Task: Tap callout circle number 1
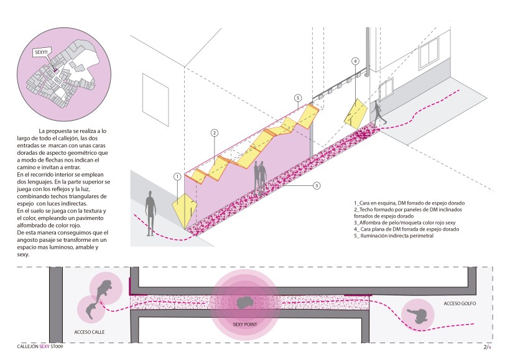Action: [177, 177]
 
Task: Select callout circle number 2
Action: [214, 133]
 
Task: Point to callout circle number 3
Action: [317, 185]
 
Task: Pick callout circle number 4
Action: [355, 61]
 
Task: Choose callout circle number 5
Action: [298, 98]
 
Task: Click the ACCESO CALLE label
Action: [89, 332]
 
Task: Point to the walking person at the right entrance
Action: [378, 114]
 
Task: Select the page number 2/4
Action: [488, 348]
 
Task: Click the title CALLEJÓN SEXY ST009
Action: [40, 347]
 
